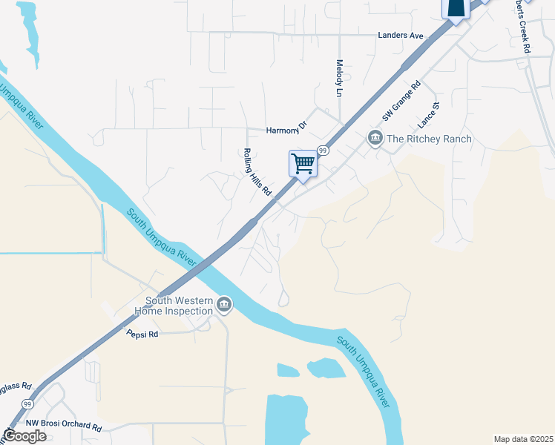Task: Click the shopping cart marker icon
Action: (x=303, y=163)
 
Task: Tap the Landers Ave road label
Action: (x=400, y=35)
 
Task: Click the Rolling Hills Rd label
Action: (x=257, y=171)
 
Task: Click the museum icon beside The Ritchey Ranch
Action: (x=375, y=139)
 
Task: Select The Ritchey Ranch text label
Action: (x=429, y=139)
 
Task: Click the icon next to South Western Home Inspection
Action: (x=224, y=304)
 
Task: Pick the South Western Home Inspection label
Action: (x=179, y=306)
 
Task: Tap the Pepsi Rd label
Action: (x=142, y=334)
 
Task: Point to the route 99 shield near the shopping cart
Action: (x=323, y=151)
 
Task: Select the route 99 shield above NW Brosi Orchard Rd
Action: (x=27, y=404)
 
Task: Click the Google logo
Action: (x=24, y=436)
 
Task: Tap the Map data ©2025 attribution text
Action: (x=523, y=439)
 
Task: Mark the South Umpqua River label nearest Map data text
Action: (x=364, y=372)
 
